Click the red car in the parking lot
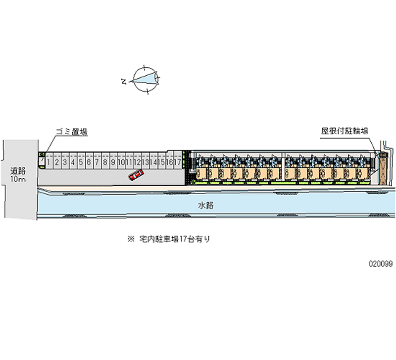click(x=135, y=175)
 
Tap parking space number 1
click(x=49, y=161)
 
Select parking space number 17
click(x=177, y=161)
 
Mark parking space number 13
click(x=145, y=161)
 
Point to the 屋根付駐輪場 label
click(x=345, y=132)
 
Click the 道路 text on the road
click(x=19, y=170)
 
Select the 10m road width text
click(x=19, y=179)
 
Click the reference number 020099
click(x=380, y=264)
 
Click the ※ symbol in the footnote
click(x=131, y=239)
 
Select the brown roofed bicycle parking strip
click(x=382, y=168)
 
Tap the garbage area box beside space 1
click(x=42, y=161)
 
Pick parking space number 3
click(x=65, y=161)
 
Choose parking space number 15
click(x=161, y=161)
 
